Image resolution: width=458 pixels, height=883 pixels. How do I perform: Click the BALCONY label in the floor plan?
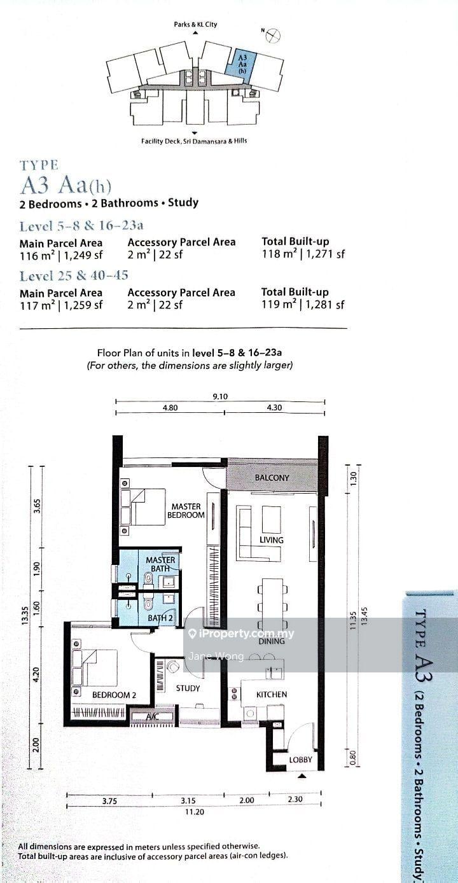(x=272, y=477)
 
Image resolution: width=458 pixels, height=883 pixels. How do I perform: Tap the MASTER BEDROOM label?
(x=186, y=510)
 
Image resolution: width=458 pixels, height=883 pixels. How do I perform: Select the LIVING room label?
(x=272, y=539)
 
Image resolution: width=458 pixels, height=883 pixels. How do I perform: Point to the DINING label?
(x=272, y=641)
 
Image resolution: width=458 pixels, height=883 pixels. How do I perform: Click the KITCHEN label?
(x=272, y=694)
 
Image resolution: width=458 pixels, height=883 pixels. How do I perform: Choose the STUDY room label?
(x=188, y=688)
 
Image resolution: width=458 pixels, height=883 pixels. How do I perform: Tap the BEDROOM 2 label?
(x=114, y=695)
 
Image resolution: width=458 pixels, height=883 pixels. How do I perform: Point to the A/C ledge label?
(x=152, y=717)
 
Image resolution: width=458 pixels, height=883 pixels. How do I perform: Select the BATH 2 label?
(x=160, y=618)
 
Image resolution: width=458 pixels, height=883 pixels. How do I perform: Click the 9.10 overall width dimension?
(x=220, y=396)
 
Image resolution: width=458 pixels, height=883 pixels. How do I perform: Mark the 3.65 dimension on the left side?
(x=38, y=506)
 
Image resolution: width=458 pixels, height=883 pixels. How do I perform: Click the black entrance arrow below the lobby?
(x=302, y=775)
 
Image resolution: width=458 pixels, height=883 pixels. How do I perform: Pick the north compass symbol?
(x=272, y=36)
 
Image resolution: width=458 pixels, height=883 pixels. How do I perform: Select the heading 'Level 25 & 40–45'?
(x=74, y=275)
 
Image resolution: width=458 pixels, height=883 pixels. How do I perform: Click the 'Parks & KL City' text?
(x=195, y=24)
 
